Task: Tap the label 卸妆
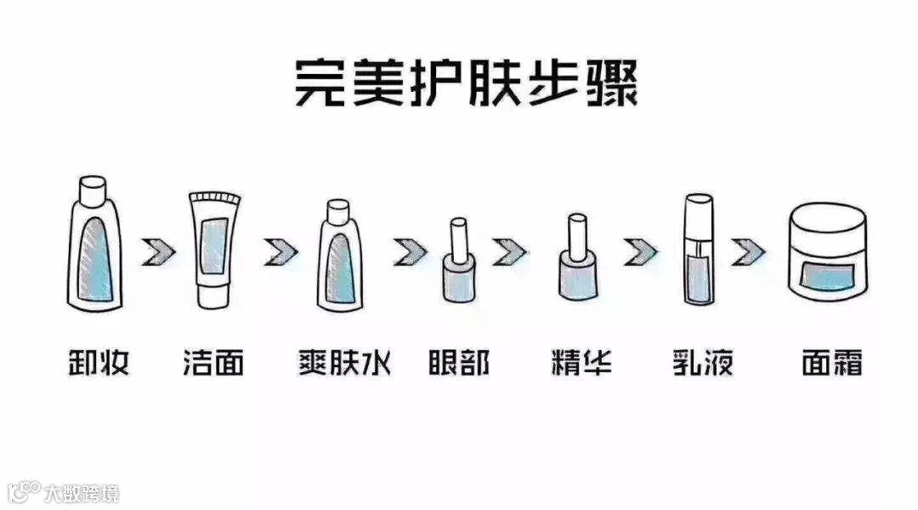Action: pyautogui.click(x=98, y=363)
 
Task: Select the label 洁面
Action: pyautogui.click(x=213, y=363)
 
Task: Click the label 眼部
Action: pyautogui.click(x=459, y=363)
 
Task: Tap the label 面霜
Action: pyautogui.click(x=831, y=363)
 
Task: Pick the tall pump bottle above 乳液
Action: pyautogui.click(x=697, y=251)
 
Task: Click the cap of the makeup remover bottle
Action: pyautogui.click(x=93, y=187)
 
